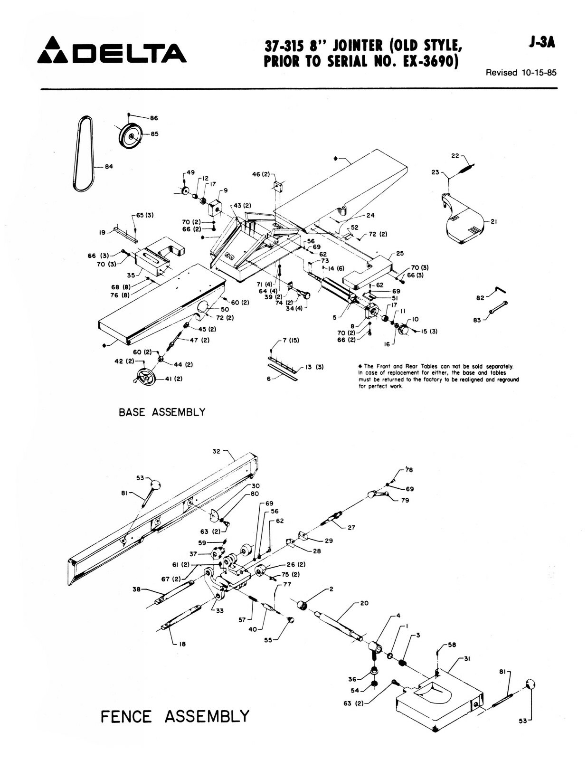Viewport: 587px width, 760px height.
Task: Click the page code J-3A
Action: tap(541, 43)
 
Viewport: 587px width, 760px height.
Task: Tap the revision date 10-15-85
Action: tap(538, 73)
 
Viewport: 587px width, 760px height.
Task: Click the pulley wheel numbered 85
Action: tap(130, 136)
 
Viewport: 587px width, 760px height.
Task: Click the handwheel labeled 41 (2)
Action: tap(144, 378)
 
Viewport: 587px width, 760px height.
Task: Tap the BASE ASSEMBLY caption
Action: tap(162, 412)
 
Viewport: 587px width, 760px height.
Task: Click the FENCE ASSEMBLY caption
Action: tap(175, 716)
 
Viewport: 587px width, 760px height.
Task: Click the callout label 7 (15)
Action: tap(290, 341)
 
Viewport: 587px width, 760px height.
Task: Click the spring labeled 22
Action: tap(466, 168)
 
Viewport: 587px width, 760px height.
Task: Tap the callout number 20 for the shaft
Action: tap(364, 603)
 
